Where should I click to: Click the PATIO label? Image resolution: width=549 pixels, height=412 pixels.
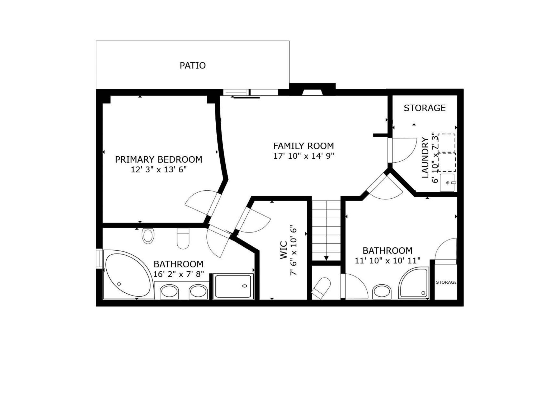pos(192,65)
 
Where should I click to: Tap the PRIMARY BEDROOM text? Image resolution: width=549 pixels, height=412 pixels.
pos(158,160)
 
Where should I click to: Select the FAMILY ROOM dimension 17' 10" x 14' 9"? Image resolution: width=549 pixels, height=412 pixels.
pos(304,156)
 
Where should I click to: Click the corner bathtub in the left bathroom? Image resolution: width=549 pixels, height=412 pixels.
pos(127,275)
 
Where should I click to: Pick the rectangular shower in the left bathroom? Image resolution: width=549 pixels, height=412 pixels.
pos(233,286)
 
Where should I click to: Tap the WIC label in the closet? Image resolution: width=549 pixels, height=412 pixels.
pos(283,250)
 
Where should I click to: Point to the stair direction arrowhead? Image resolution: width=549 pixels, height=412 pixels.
pos(326,258)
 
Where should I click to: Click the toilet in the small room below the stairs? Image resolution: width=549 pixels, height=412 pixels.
pos(321,288)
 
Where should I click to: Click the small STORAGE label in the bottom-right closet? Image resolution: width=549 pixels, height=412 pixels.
pos(446,282)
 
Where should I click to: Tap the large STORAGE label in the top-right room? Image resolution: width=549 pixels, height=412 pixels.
pos(424,108)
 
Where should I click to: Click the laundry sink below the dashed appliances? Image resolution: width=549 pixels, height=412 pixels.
pos(447,182)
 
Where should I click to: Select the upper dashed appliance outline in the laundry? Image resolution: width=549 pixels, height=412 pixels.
pos(447,143)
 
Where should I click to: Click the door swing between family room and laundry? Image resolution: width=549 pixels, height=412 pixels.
pos(404,151)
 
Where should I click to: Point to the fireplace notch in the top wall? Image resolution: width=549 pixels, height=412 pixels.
pos(312,92)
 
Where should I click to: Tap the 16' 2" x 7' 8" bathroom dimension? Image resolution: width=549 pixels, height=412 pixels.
pos(179,274)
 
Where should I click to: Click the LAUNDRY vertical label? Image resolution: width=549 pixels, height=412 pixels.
pos(425,157)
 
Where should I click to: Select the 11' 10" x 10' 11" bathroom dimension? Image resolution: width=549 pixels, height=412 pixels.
pos(387,261)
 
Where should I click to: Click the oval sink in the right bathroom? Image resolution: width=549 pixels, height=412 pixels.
pos(382,292)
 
